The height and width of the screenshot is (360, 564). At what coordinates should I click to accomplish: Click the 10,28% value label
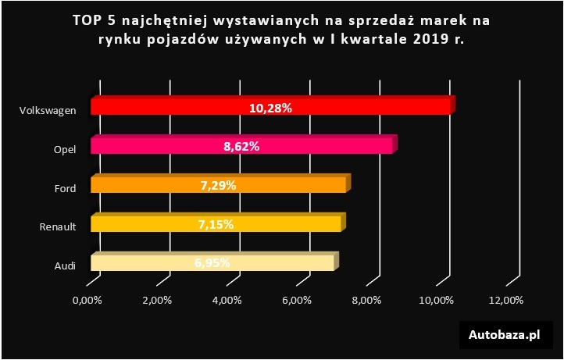(x=270, y=108)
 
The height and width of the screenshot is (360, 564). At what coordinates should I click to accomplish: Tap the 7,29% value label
(x=218, y=185)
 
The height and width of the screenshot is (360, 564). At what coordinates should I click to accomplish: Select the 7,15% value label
(x=216, y=224)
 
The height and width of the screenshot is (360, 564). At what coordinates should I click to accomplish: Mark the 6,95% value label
(x=212, y=263)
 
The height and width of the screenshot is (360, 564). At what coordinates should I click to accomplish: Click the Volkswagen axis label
(x=48, y=110)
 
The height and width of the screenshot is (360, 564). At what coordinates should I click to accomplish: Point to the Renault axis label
(x=58, y=227)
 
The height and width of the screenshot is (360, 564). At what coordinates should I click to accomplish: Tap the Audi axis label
(x=65, y=266)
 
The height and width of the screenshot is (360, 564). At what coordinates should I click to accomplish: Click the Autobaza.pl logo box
(x=505, y=335)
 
